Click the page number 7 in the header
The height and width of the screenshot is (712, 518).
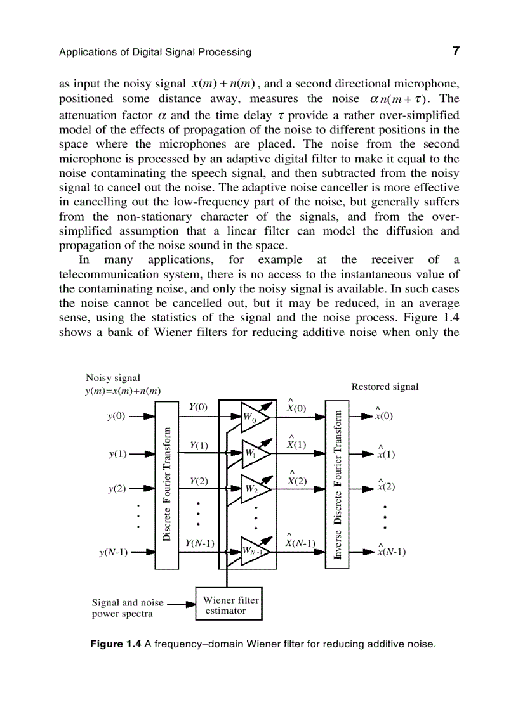pos(455,51)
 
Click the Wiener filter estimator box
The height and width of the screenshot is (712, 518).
pos(229,605)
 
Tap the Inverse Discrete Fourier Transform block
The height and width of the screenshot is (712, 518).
pos(337,484)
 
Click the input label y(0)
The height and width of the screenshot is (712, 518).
pos(117,417)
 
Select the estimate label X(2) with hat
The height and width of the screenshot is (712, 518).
pos(296,480)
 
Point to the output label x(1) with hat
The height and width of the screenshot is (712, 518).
pos(385,453)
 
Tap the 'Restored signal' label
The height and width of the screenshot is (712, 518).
pos(385,387)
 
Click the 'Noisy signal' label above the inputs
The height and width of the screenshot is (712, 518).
pos(113,378)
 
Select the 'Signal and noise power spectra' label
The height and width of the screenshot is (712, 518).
pos(127,608)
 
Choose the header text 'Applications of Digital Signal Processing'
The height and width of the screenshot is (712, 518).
pos(155,52)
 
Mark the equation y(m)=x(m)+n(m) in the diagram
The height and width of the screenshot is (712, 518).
pos(123,391)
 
